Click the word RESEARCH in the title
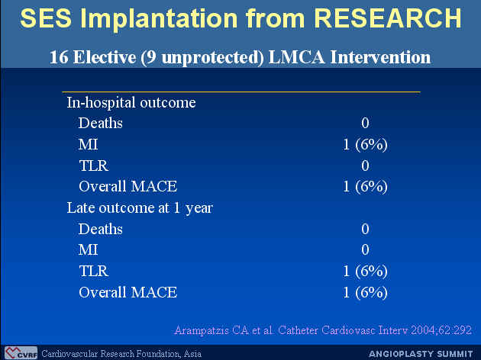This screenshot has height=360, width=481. [x=388, y=18]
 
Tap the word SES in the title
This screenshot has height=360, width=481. [x=46, y=18]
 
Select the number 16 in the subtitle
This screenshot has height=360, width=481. [x=59, y=57]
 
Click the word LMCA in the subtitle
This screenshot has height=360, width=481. [x=296, y=57]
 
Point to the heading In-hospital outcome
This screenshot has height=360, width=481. [x=131, y=102]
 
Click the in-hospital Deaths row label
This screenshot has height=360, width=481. [x=101, y=123]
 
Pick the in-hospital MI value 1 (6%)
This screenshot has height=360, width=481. [x=365, y=144]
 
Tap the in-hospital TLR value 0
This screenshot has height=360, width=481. [x=365, y=166]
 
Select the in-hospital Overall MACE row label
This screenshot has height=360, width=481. [x=128, y=187]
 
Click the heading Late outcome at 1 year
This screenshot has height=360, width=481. [x=140, y=208]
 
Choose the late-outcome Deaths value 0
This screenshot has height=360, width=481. [x=365, y=229]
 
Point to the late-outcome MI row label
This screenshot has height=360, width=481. [x=89, y=250]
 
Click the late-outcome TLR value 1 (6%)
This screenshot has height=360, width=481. [x=365, y=272]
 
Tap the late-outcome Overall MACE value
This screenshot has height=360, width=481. [x=365, y=292]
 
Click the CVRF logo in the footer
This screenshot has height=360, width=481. [x=21, y=353]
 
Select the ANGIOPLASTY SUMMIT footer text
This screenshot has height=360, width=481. [x=421, y=354]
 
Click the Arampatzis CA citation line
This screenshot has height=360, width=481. [x=323, y=330]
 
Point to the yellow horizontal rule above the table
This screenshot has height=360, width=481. [x=241, y=92]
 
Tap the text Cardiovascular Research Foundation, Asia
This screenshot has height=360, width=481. [x=121, y=354]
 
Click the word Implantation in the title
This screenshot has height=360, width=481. [x=160, y=19]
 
